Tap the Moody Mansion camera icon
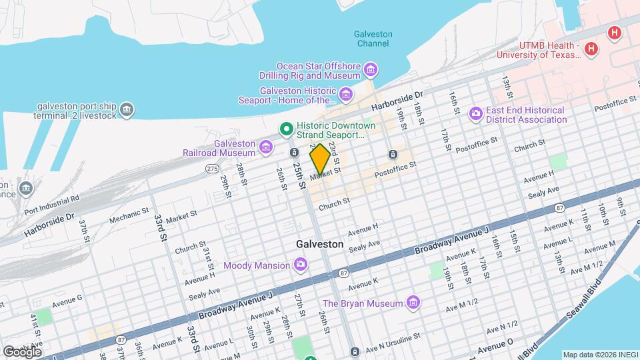pos(301,265)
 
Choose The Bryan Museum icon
pos(413,303)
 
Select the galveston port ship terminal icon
pos(127,109)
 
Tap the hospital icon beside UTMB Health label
pos(591,49)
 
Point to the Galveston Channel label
pos(373,39)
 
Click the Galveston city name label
pos(319,245)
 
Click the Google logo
pos(21,351)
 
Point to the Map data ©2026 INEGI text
pos(599,354)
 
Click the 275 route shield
pos(212,169)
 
